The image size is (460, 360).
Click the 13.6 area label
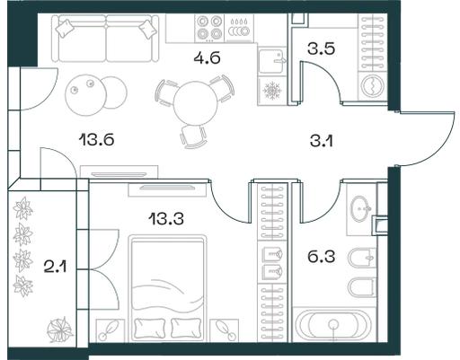coord(96,140)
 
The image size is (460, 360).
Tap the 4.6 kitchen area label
coord(207,57)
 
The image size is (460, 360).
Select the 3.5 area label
coord(321,48)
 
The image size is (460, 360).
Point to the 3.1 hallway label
coord(322,141)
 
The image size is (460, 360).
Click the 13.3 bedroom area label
coord(166,219)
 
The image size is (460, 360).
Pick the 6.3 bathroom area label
coord(322,257)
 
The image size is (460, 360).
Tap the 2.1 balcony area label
coord(55,267)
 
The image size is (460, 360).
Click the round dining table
coord(195,102)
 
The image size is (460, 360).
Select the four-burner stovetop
coord(209,28)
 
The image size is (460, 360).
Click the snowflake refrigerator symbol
coord(272,90)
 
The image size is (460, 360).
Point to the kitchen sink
coord(271,61)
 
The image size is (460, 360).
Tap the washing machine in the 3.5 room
coord(372,85)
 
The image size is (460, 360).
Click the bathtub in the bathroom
coord(332,325)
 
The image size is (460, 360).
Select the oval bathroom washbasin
coord(360,208)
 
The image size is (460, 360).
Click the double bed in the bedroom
coord(167,288)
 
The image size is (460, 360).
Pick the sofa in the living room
coord(105,39)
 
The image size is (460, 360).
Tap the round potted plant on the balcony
coord(60,330)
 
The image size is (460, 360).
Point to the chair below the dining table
coord(193,137)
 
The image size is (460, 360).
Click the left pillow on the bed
coord(150,328)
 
